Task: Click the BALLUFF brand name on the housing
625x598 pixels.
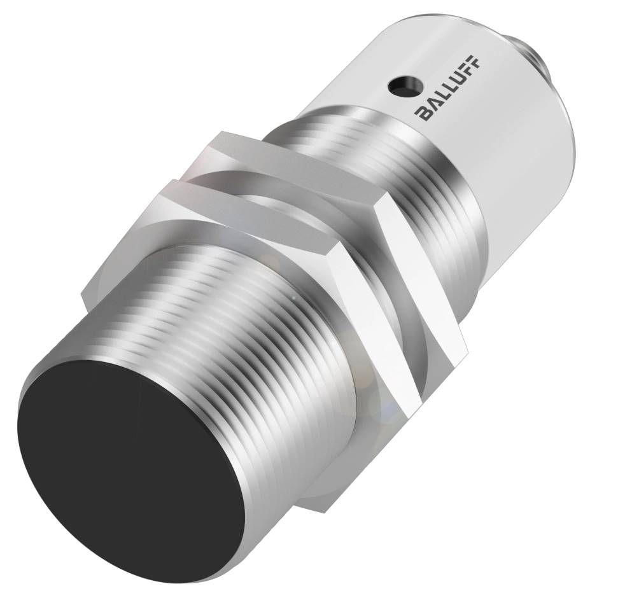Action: point(449,87)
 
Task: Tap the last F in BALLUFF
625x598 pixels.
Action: point(475,61)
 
